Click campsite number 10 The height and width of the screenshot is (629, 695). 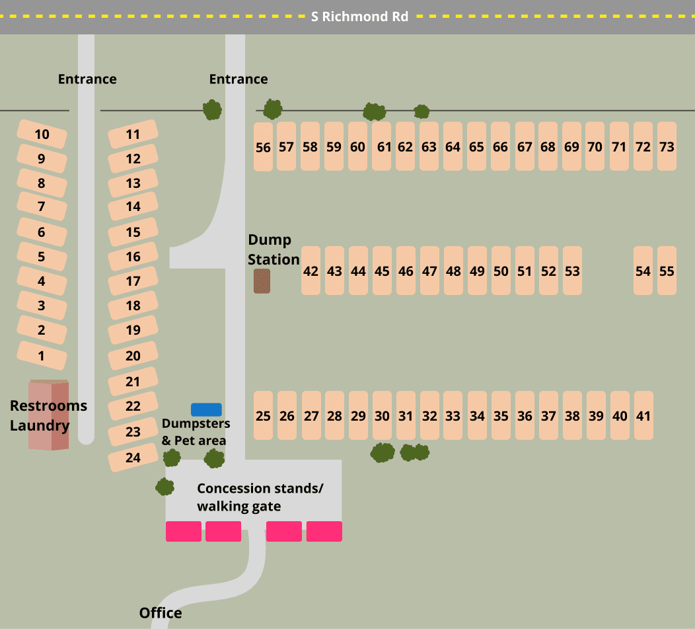coord(42,135)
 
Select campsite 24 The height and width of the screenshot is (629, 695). coord(133,457)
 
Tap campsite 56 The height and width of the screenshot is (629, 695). coord(263,147)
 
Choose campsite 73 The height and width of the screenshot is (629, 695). coord(667,146)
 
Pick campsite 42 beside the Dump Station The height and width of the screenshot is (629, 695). coord(311,271)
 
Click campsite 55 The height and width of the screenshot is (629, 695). coord(667,271)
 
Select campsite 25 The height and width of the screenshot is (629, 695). coord(263,415)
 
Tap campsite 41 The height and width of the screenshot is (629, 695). coord(643,415)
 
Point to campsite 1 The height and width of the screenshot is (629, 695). coord(42,356)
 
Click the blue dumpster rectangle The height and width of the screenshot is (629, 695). coord(206,409)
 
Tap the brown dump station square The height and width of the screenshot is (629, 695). coord(262,281)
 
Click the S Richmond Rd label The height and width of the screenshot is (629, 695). coord(359,17)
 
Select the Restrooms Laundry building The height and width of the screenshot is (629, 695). coord(49,415)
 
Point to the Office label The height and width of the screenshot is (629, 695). coord(161,612)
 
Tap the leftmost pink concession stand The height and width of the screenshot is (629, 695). coord(183,531)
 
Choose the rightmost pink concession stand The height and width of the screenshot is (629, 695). coord(324,531)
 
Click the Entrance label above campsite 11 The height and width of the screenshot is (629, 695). coord(87,79)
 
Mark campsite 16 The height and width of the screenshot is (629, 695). coord(133,257)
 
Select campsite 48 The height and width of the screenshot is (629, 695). coord(453,271)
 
